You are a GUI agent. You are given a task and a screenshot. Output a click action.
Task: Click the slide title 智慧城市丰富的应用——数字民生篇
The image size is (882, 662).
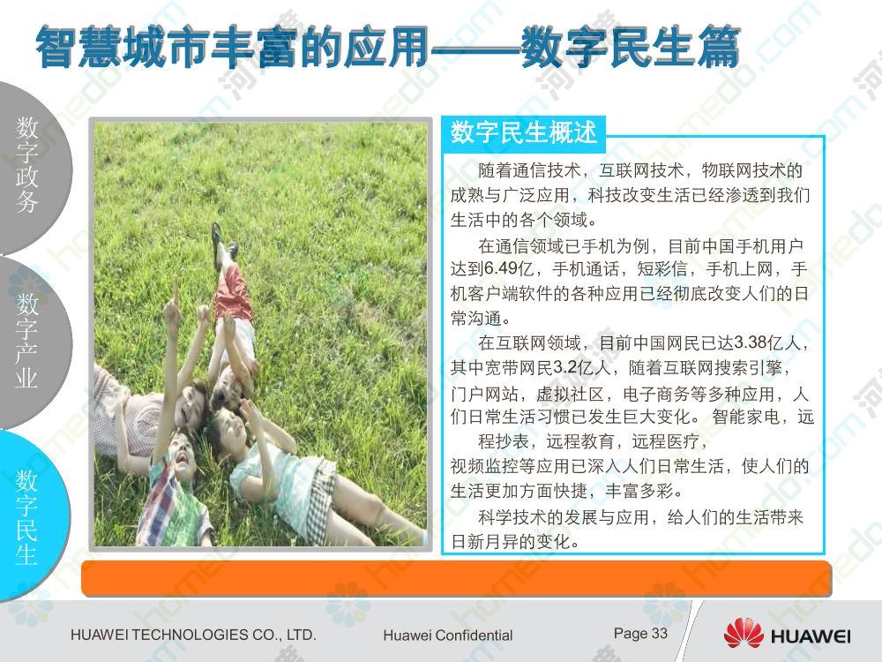click(387, 48)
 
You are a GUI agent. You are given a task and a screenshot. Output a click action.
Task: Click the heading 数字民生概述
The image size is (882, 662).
click(523, 133)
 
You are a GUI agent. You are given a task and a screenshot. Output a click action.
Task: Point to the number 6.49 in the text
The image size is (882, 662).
click(501, 268)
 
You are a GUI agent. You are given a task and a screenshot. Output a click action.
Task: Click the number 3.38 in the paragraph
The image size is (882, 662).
click(751, 342)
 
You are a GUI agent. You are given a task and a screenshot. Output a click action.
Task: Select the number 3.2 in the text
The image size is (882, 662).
click(565, 367)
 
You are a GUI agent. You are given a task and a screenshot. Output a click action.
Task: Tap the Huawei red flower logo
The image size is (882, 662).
click(743, 633)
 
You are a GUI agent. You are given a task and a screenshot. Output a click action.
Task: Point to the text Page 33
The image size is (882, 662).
click(640, 634)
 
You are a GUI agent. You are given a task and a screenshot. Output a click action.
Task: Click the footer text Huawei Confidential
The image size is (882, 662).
click(448, 636)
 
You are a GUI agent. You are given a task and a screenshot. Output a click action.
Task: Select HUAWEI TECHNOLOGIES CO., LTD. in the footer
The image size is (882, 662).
click(193, 635)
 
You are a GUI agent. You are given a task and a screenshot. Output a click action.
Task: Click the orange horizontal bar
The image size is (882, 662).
click(456, 578)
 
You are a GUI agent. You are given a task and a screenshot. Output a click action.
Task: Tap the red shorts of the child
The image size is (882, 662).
click(233, 294)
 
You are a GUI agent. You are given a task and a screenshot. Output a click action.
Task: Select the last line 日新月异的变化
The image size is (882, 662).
click(515, 542)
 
